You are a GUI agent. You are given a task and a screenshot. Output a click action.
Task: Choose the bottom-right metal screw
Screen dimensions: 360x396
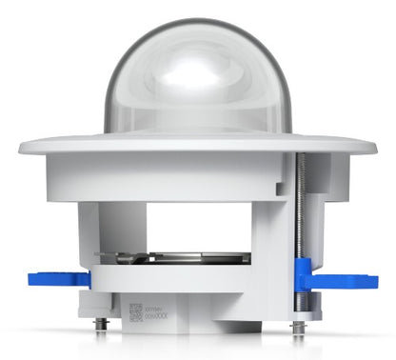point(298,327)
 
